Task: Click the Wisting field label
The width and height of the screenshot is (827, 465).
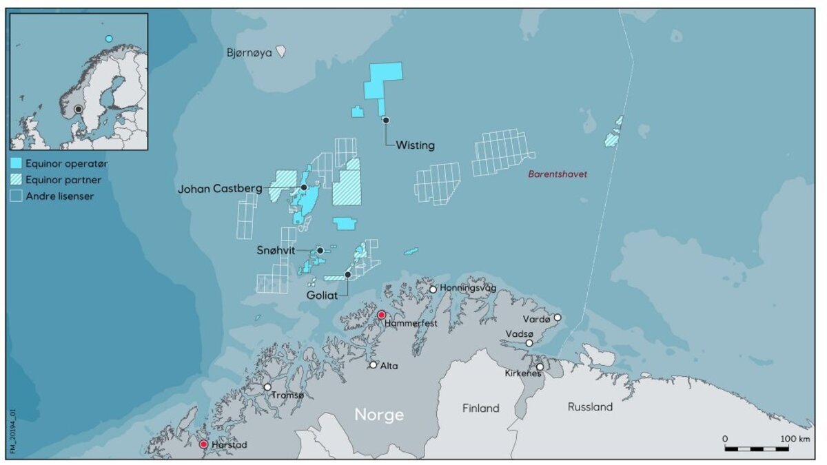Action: pos(415,145)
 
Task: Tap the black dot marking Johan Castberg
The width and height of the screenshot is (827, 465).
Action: pos(303,187)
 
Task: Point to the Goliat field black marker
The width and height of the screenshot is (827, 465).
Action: pos(348,275)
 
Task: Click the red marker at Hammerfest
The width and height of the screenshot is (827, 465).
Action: pos(381,315)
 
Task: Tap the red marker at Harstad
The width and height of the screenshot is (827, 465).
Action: pos(203,444)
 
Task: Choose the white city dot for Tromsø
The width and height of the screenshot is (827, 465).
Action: pos(267,387)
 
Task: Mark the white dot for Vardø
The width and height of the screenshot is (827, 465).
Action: pos(558,318)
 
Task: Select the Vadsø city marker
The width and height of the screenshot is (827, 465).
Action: pos(529,343)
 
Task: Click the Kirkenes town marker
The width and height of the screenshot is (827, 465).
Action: pos(540,366)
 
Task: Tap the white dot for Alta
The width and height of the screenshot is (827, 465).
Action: pos(374,365)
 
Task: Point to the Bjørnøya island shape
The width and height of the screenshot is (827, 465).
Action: pos(280,52)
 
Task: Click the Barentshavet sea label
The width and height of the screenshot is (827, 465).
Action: pos(558,174)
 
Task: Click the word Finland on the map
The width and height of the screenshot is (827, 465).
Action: pos(480,409)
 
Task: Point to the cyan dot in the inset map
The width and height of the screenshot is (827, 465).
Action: pos(108,39)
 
